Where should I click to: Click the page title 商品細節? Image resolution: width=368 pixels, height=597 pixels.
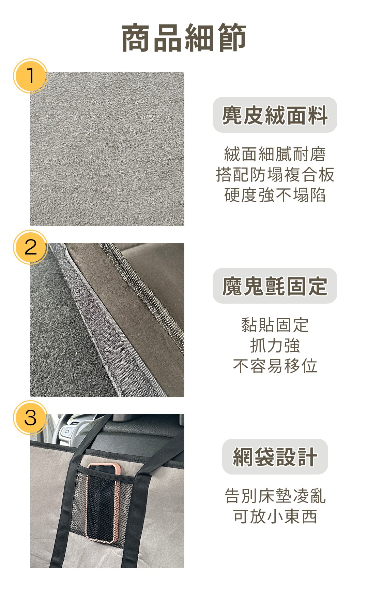click(x=184, y=38)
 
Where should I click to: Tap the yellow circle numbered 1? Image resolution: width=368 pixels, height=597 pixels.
click(x=30, y=76)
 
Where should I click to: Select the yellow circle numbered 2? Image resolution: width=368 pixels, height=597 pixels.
click(x=30, y=247)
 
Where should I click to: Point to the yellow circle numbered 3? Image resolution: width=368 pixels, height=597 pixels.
click(x=30, y=418)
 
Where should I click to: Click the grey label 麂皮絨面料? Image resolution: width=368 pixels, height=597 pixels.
click(x=275, y=115)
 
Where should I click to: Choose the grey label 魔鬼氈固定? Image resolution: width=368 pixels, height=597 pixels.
click(x=275, y=286)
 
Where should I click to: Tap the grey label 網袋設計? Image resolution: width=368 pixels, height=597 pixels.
click(x=275, y=457)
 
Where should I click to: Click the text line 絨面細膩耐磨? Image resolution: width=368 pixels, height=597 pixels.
click(x=275, y=154)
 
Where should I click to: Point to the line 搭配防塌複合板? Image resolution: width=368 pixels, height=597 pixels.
click(x=275, y=174)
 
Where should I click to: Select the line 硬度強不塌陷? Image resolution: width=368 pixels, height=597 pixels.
click(x=275, y=195)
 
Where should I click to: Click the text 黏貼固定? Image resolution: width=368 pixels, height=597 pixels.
click(x=275, y=325)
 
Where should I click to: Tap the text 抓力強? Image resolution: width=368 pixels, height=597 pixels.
click(x=275, y=345)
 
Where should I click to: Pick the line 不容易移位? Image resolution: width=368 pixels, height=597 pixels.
click(x=275, y=366)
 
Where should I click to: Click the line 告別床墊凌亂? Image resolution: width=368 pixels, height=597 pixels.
click(x=275, y=496)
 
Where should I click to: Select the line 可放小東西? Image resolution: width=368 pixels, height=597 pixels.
click(x=275, y=516)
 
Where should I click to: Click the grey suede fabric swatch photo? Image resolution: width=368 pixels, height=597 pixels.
click(x=107, y=149)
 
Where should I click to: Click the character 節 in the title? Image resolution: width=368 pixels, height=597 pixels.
click(x=231, y=38)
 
